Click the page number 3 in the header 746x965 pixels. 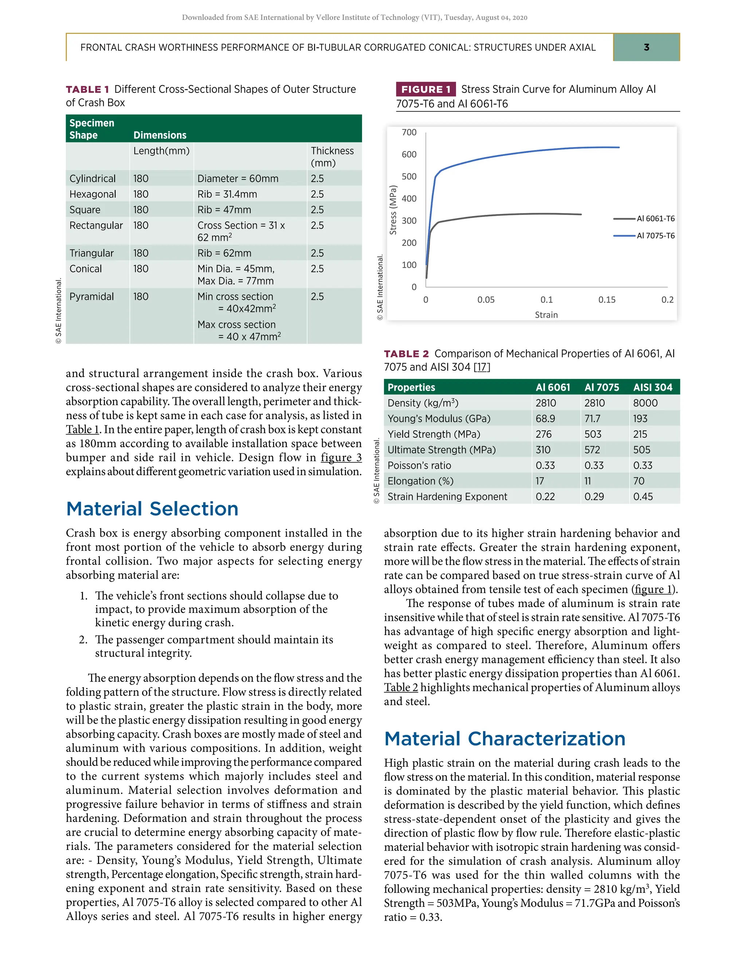pos(646,47)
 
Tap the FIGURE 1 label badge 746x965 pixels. pos(425,89)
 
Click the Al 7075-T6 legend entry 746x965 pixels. pos(655,236)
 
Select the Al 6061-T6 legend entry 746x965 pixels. pos(655,219)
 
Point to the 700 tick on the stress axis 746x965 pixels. pos(409,133)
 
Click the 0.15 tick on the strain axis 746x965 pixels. pos(607,300)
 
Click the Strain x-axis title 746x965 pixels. pos(546,315)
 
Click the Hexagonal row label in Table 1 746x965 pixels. pos(93,194)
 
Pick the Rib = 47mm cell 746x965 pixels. pos(224,210)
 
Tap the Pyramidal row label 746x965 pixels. pos(91,296)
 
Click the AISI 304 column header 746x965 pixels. pos(652,387)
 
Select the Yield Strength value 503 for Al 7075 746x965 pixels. pos(593,434)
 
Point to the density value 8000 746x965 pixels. pos(645,403)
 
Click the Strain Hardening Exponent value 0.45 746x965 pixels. pos(643,497)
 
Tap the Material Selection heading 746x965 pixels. pos(152,509)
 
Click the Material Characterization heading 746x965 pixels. pos(504,739)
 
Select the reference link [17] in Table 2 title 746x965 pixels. pos(482,367)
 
